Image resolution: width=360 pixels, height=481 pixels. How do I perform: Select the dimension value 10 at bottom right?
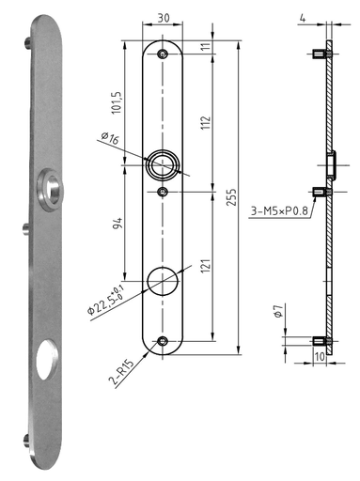click(320, 357)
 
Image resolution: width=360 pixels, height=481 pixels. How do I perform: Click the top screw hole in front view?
click(164, 54)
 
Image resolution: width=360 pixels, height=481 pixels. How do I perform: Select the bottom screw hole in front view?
click(164, 340)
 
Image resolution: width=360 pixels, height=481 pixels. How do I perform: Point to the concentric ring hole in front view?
click(163, 165)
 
